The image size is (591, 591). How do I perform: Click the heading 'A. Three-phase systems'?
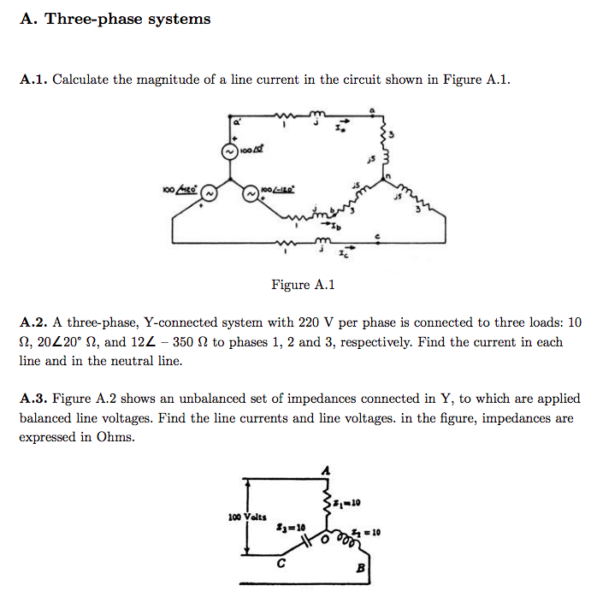115,19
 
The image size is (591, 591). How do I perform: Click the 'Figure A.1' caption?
303,285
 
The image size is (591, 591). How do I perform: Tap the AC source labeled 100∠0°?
229,151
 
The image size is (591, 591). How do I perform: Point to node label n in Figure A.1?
387,177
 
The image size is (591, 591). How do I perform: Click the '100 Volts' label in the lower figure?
247,517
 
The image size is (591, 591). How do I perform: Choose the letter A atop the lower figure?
325,470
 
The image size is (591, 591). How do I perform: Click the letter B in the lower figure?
359,567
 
